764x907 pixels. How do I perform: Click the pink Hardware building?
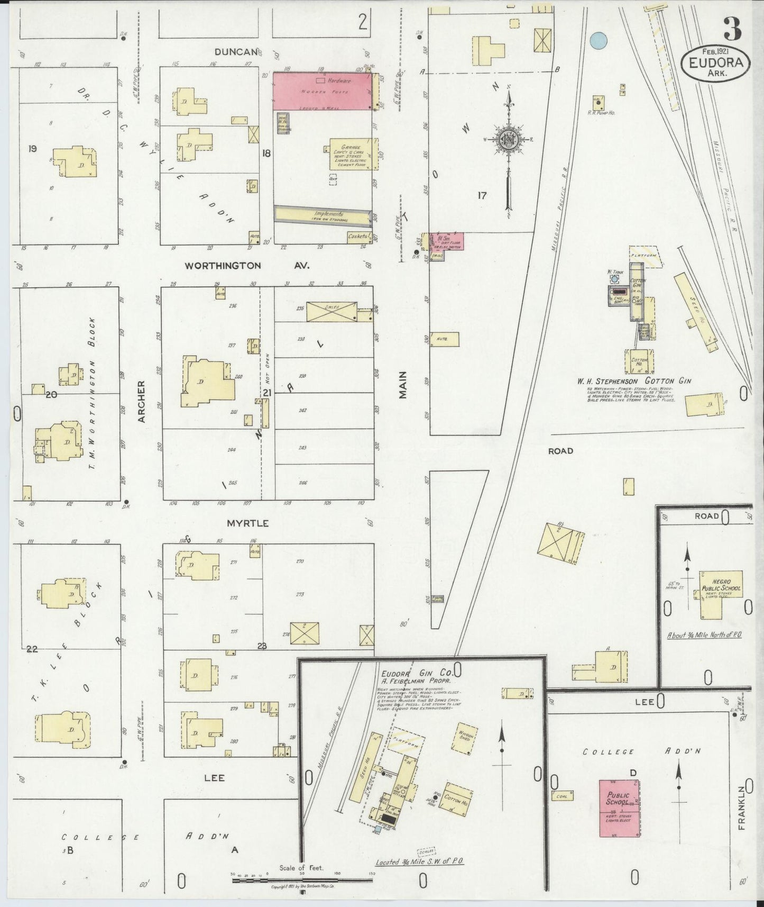(x=321, y=91)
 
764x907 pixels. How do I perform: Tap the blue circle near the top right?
(x=598, y=40)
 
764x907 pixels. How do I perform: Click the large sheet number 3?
(x=733, y=29)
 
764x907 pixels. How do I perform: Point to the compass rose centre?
(x=508, y=140)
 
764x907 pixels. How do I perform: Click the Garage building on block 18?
(x=353, y=153)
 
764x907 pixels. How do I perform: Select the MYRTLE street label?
(x=248, y=523)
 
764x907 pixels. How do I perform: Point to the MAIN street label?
(x=403, y=385)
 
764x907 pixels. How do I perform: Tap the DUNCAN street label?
(x=236, y=51)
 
